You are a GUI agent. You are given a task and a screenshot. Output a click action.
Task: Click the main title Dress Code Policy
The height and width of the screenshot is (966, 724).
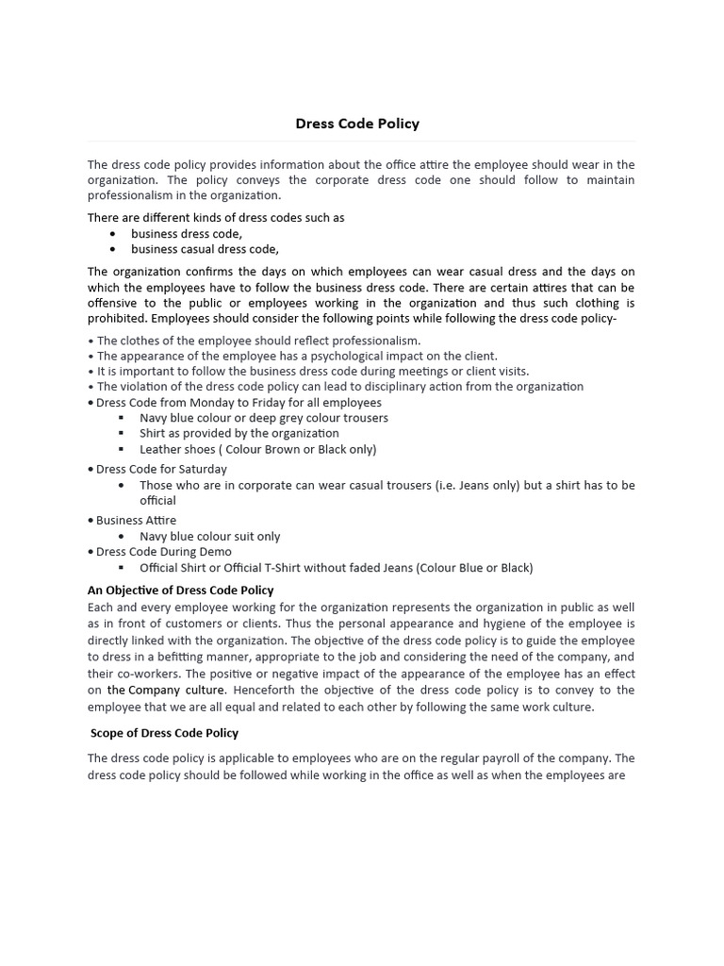pos(357,124)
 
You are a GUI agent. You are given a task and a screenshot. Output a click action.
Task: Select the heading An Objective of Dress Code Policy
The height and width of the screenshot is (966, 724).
pos(180,591)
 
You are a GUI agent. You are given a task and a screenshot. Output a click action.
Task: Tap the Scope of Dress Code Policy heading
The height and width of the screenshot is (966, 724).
pos(164,733)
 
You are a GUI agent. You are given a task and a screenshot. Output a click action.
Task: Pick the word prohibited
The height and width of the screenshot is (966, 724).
pos(116,319)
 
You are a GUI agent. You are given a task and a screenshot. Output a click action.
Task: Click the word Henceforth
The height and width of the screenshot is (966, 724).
pos(266,690)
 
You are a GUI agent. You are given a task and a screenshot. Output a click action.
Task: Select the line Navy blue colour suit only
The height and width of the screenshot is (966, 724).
pos(209,536)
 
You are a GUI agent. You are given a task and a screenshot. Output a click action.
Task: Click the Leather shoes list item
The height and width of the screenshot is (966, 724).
pos(257,449)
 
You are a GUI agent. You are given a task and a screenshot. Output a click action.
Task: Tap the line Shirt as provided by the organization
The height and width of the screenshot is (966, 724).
pos(239,433)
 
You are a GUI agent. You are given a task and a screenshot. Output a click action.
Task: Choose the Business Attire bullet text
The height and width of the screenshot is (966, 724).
pos(136,520)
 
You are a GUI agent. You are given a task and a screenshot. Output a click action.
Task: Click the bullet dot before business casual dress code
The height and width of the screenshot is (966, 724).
pos(113,250)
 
